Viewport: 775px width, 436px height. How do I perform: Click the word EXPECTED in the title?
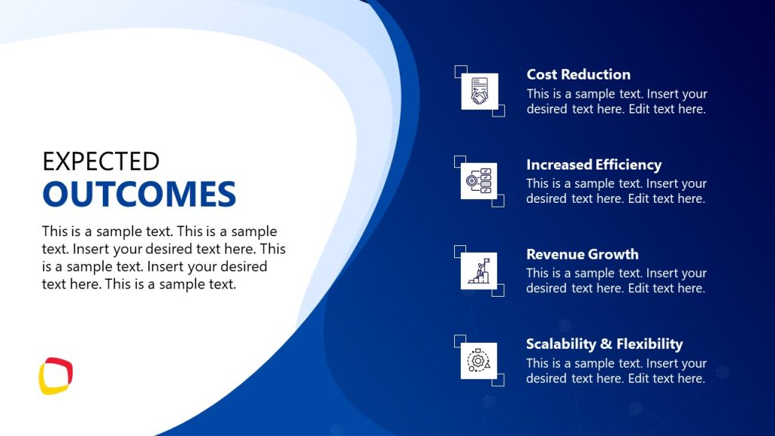(101, 161)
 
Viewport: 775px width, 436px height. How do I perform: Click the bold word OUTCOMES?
(139, 194)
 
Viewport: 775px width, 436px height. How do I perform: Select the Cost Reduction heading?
(578, 74)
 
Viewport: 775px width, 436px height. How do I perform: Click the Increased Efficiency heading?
(593, 164)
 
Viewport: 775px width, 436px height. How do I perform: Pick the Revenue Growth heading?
(582, 254)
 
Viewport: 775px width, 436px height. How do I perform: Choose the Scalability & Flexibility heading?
(604, 344)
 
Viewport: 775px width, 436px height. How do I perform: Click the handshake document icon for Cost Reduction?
(479, 92)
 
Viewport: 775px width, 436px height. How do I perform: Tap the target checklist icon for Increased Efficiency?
(479, 182)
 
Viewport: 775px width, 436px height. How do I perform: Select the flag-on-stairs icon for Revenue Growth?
(479, 271)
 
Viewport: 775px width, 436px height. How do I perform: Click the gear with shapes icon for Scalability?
(479, 361)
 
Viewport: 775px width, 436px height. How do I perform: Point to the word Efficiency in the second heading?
(627, 164)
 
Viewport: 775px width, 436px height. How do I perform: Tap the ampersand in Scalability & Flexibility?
(605, 344)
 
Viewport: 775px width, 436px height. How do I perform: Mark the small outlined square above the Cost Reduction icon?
(460, 71)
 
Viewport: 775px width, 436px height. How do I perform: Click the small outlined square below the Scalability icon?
(498, 380)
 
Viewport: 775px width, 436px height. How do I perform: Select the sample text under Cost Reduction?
(616, 101)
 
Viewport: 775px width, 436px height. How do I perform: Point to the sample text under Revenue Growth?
(616, 281)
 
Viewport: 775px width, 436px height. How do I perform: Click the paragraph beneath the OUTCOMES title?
(163, 258)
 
